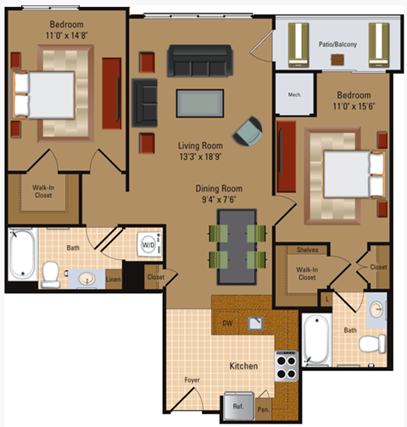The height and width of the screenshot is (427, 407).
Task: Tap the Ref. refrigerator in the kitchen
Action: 238,406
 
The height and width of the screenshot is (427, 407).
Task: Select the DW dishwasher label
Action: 228,324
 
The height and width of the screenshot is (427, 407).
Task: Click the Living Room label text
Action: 201,145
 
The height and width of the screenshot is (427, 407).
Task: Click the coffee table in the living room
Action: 200,103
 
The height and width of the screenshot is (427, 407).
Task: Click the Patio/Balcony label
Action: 337,43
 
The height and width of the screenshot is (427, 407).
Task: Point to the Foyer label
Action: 192,380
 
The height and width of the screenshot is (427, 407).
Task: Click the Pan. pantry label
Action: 265,408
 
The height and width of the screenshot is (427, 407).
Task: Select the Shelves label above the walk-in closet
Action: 307,250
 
